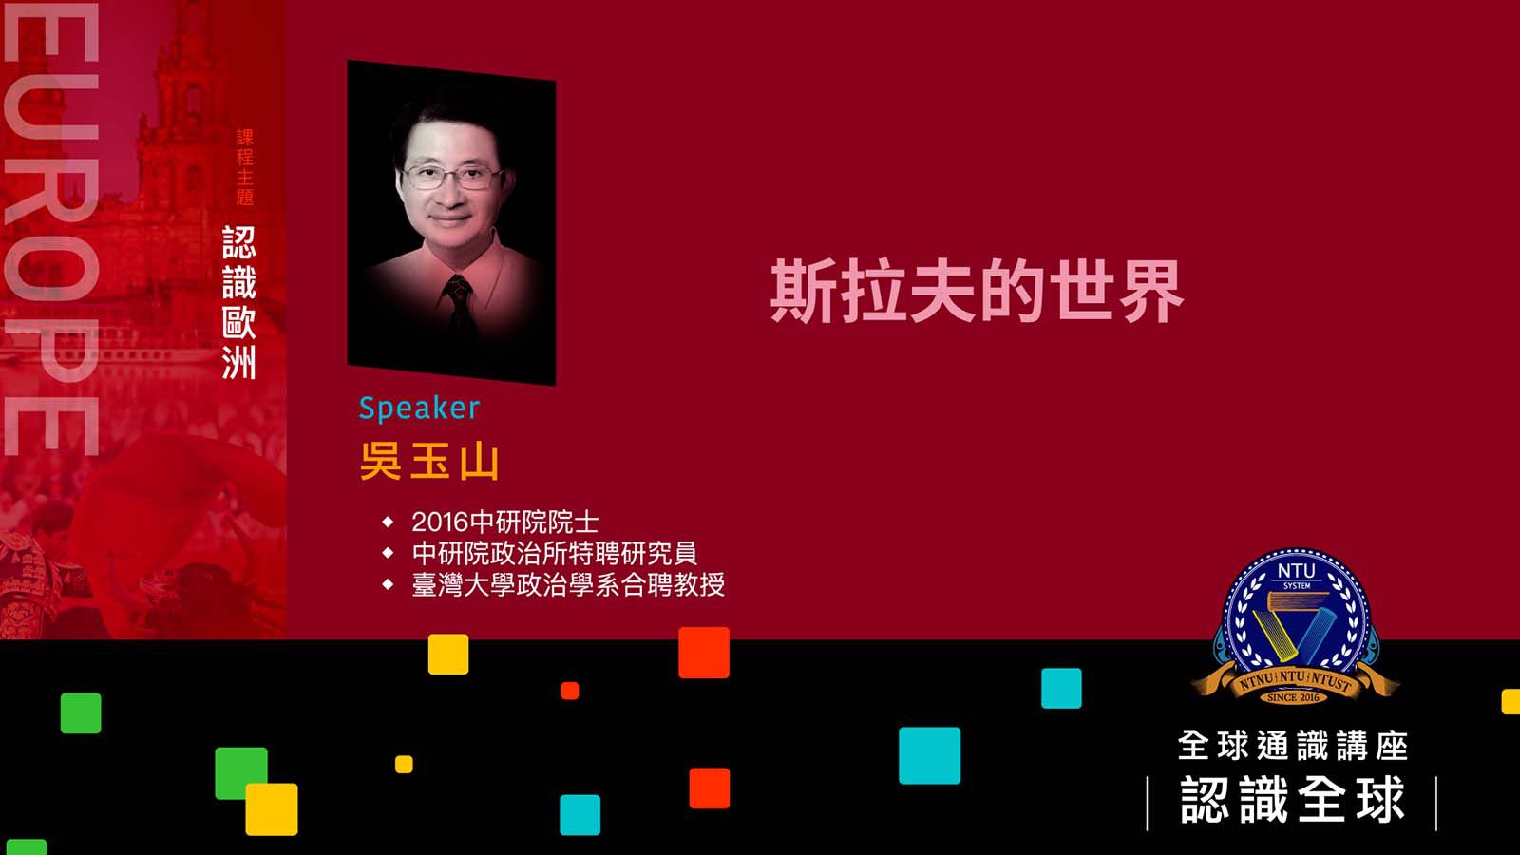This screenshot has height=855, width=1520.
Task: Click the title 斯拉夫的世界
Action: (978, 292)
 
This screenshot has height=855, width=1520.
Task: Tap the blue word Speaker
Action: (419, 408)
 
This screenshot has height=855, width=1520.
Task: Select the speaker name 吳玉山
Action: (428, 463)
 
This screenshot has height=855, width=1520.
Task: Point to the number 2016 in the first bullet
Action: (441, 522)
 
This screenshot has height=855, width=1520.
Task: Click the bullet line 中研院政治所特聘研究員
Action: (555, 553)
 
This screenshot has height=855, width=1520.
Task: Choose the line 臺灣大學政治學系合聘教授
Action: (569, 584)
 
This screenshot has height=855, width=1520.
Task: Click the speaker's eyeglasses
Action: (452, 177)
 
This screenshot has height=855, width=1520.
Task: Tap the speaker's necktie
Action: (459, 305)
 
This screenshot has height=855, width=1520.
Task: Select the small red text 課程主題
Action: (245, 167)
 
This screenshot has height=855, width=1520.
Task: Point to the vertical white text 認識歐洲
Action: (239, 303)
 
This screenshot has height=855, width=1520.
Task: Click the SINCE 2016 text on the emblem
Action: (1293, 697)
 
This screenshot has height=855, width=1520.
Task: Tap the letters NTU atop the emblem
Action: (1296, 571)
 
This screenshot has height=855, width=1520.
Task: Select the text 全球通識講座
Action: (1293, 745)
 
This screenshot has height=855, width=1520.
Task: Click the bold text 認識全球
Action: (1292, 800)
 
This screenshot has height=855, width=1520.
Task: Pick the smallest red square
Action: (570, 691)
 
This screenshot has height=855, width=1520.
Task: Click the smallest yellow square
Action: (404, 764)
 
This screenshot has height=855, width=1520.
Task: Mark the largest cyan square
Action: (930, 755)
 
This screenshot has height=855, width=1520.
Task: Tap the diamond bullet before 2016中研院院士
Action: (389, 522)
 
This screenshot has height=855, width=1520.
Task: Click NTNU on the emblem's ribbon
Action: (1256, 681)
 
